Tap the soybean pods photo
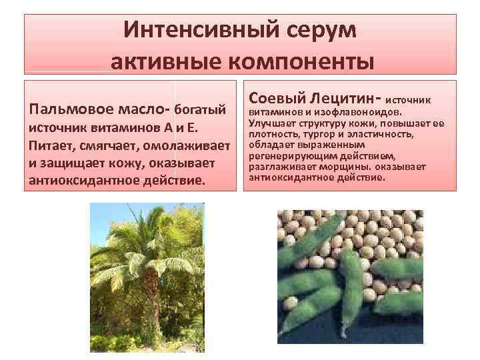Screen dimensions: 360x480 click(x=350, y=277)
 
